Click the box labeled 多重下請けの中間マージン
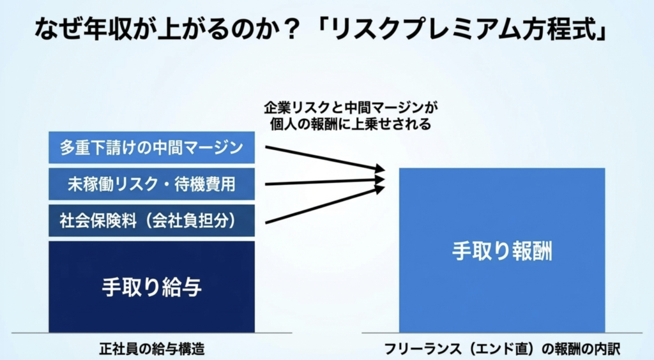coord(151,147)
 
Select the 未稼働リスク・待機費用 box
coord(151,184)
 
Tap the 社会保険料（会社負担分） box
coord(151,220)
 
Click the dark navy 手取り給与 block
coord(151,287)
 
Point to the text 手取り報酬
coord(502,251)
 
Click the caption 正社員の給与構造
coord(152,349)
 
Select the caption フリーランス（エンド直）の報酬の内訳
coord(502,349)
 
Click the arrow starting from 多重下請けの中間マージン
coord(325,158)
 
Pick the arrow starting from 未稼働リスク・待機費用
coord(325,182)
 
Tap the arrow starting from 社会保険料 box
coord(325,205)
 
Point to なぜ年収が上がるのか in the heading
coord(156,29)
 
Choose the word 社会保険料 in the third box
coord(98,220)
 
